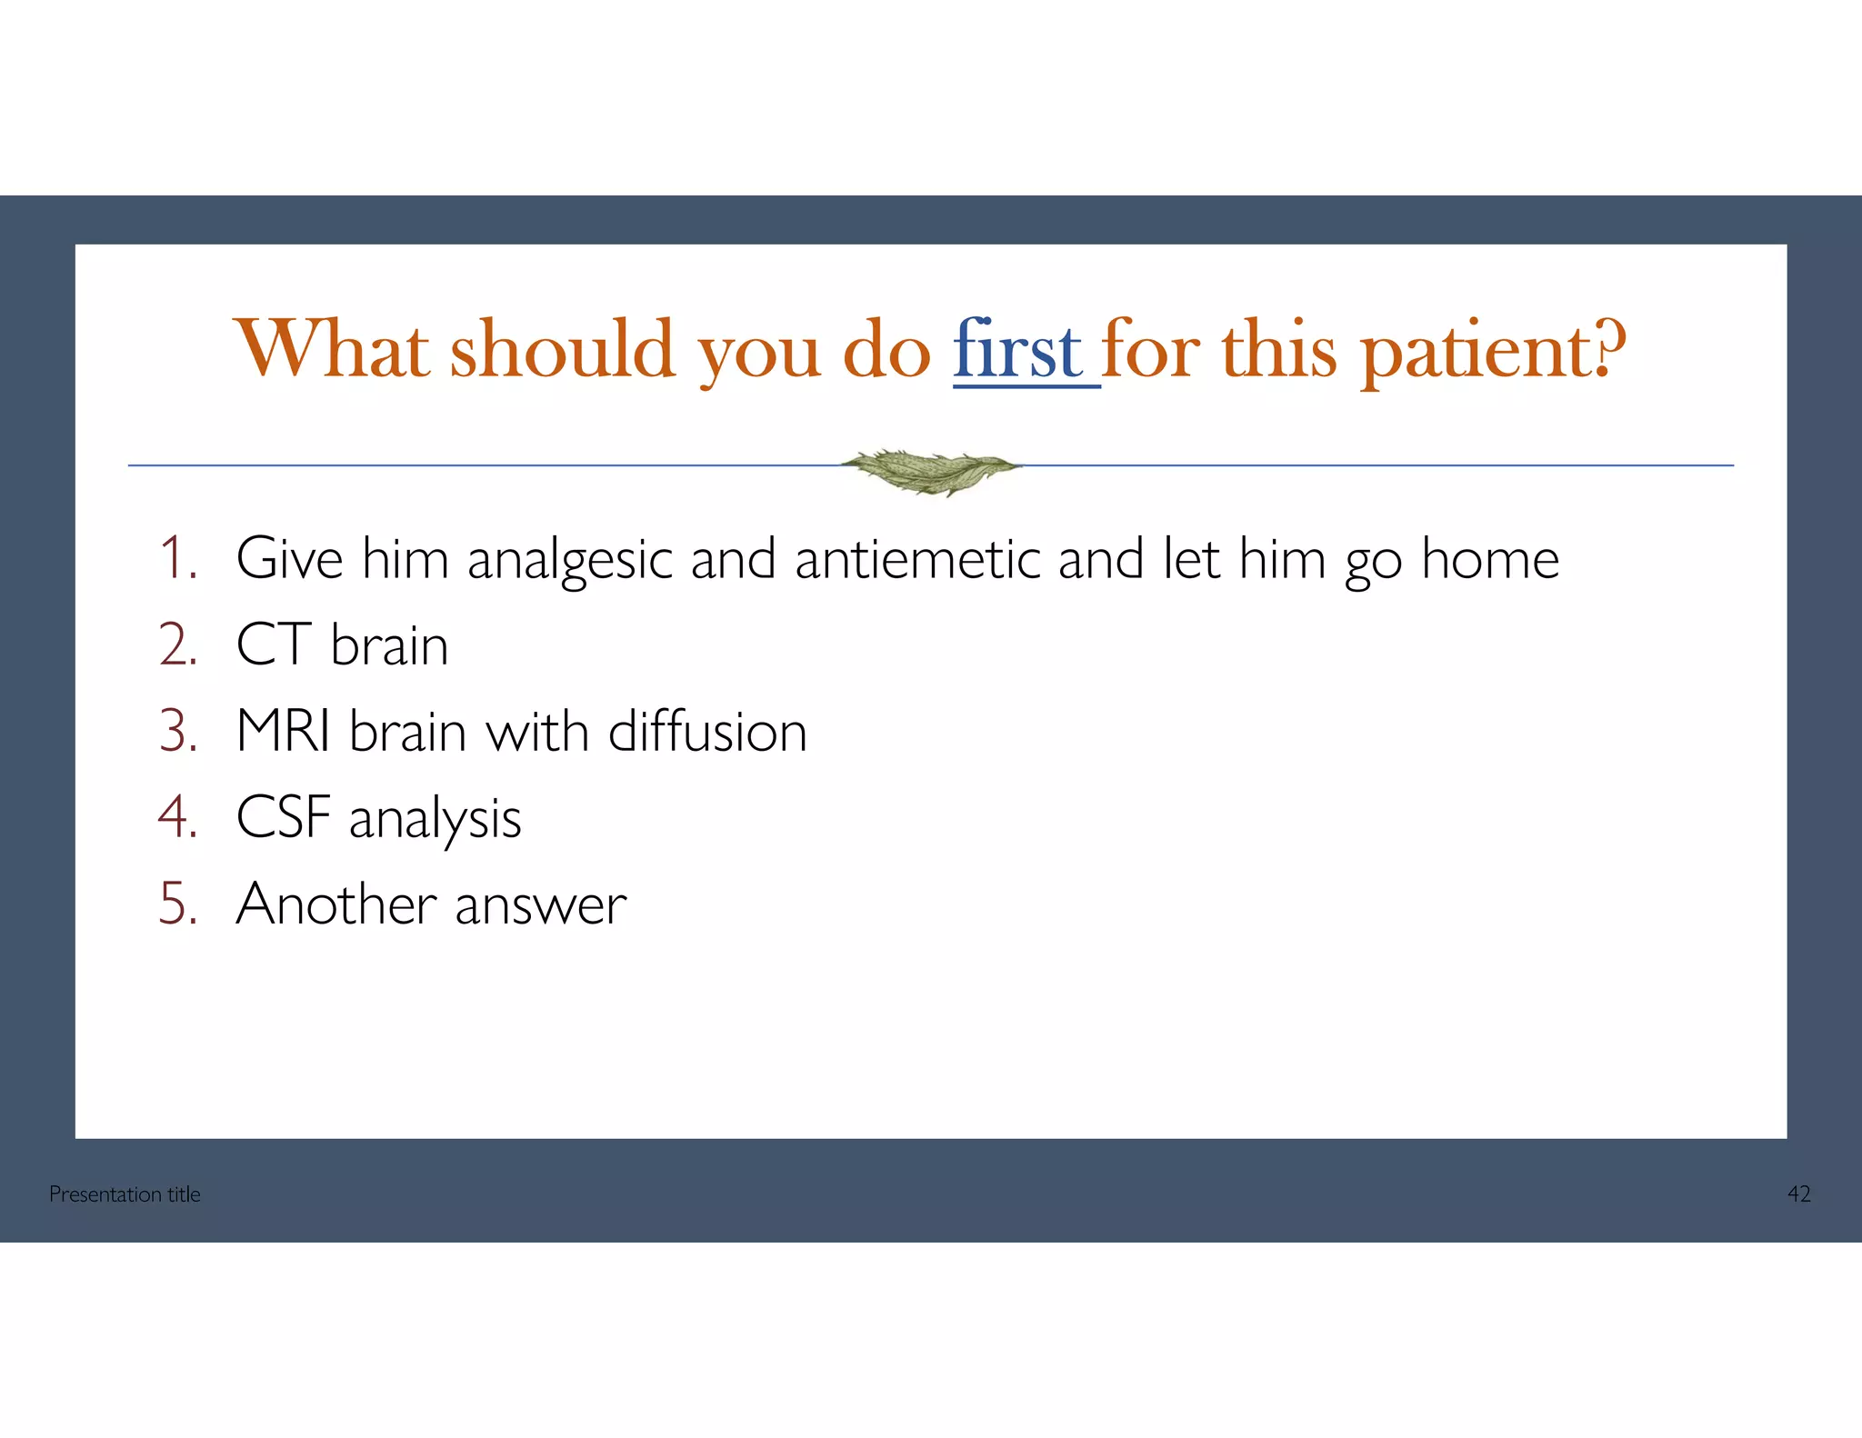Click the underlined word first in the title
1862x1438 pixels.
(x=1017, y=352)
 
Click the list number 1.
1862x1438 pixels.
(x=177, y=558)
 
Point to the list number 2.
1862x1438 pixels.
(x=177, y=645)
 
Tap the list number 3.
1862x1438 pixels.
(x=177, y=732)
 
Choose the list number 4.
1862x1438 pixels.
(x=177, y=817)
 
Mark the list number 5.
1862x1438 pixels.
(x=177, y=904)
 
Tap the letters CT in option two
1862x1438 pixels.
(x=274, y=645)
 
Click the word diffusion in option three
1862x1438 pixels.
(x=706, y=732)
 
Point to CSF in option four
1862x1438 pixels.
(x=282, y=817)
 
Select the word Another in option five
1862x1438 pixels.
(x=335, y=904)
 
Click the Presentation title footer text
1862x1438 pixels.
(x=125, y=1194)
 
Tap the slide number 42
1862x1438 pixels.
(x=1798, y=1194)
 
